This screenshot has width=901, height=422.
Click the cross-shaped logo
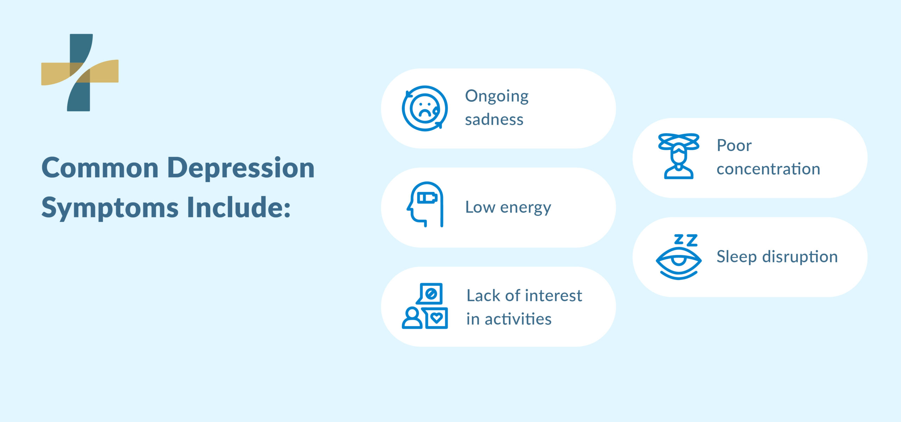tap(80, 72)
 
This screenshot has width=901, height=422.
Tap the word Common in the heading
tap(100, 168)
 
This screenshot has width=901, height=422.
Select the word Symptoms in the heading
tap(110, 208)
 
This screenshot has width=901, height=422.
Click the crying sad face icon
tap(425, 108)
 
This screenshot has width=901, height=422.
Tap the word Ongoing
tap(497, 97)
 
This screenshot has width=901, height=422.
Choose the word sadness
tap(494, 120)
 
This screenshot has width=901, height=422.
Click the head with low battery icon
tap(425, 204)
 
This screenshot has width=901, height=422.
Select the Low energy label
tap(508, 207)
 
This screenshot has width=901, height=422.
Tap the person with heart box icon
tap(425, 306)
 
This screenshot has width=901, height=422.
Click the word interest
tap(554, 296)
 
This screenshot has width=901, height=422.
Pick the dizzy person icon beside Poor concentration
tap(679, 156)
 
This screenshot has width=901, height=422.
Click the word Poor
tap(734, 146)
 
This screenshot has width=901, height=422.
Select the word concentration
tap(768, 169)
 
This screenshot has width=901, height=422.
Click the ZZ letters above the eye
tap(686, 240)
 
